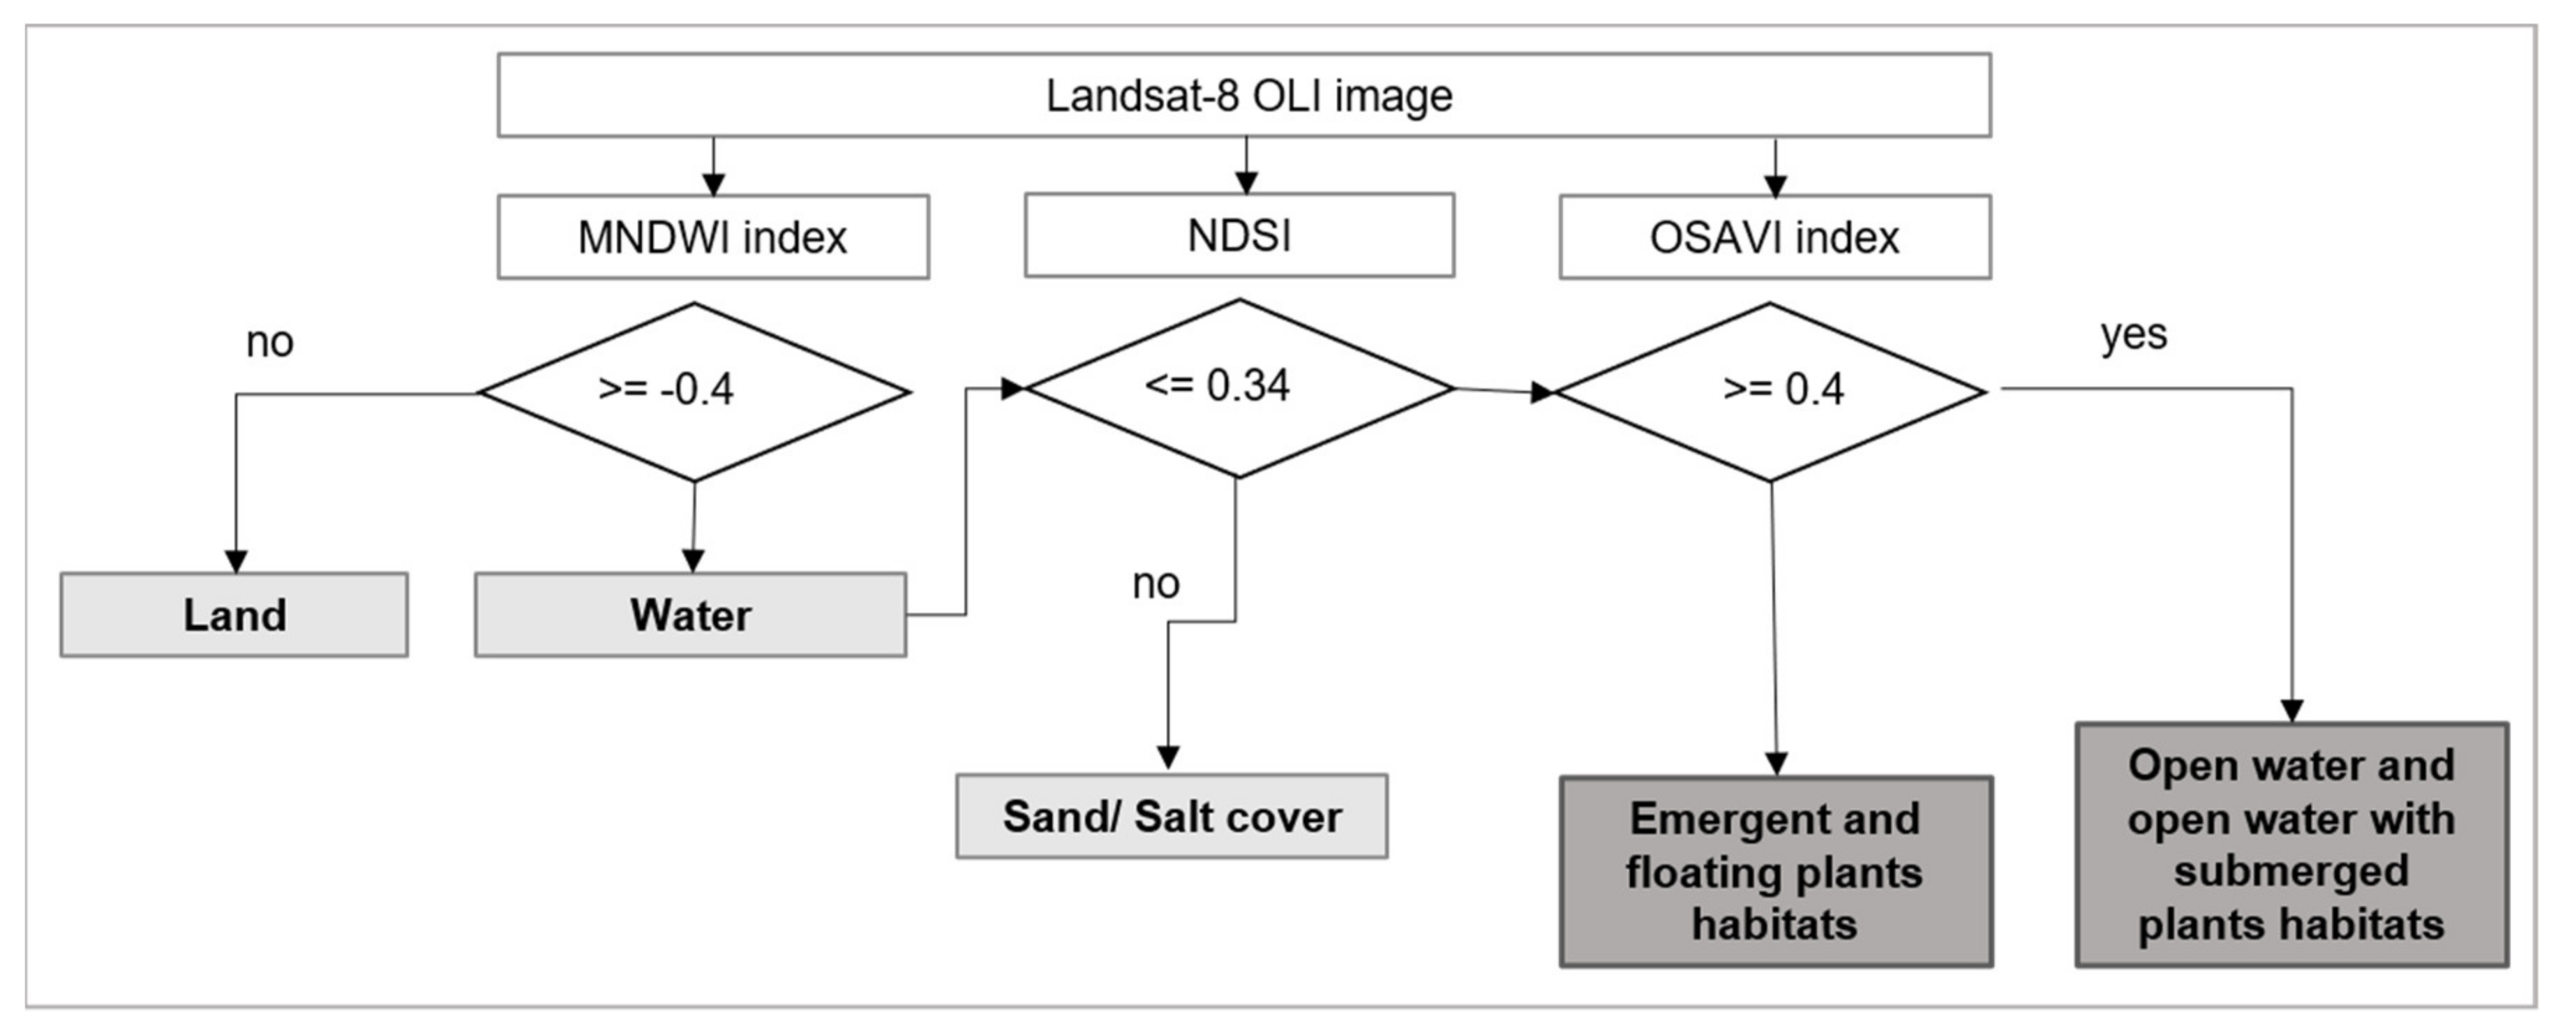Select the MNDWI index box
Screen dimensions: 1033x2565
[713, 237]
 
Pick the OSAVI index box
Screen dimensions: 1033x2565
[1774, 237]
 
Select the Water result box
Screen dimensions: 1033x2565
[690, 615]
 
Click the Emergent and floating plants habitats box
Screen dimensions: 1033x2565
[1775, 872]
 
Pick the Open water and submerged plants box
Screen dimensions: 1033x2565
[2291, 845]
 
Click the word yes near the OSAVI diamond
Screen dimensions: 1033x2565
[2133, 335]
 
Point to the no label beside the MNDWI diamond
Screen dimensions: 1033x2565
[269, 343]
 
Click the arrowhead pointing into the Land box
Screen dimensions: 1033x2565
[236, 561]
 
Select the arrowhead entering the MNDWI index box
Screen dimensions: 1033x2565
[713, 184]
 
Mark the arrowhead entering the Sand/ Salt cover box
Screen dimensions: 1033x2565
[1168, 757]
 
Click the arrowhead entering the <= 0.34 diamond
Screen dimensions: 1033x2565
[1012, 389]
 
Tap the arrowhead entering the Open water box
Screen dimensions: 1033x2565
[2292, 711]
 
